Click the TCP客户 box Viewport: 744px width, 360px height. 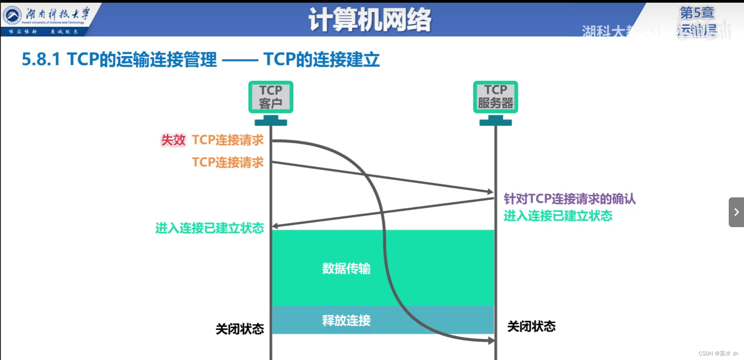pos(270,97)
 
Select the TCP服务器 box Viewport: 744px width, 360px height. pos(495,97)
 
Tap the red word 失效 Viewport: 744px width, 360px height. pos(173,140)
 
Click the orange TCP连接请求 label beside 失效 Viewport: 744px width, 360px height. pos(228,140)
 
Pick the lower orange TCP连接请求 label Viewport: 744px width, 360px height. pos(228,162)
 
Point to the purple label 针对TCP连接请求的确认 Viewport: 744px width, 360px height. pos(569,199)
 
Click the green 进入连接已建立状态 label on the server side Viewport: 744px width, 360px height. pos(558,216)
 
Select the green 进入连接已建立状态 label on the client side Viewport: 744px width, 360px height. pos(209,228)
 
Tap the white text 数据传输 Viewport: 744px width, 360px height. pos(346,268)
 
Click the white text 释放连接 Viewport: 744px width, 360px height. pos(346,320)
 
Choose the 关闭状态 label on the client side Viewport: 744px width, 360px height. pos(239,329)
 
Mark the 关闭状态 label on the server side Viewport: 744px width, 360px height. pos(531,326)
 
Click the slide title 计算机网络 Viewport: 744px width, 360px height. pos(370,20)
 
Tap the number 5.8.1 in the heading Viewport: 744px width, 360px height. pos(41,60)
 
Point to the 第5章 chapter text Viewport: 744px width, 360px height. pos(697,13)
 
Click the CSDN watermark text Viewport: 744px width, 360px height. pos(718,354)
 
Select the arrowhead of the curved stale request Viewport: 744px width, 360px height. pos(492,341)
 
